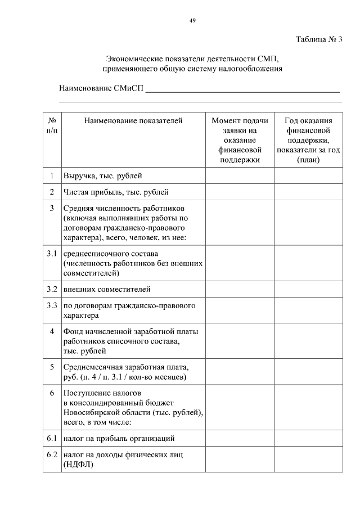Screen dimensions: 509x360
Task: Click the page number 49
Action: coord(192,20)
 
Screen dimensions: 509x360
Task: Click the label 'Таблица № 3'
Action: coord(319,39)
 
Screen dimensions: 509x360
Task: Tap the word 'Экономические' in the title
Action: coord(133,58)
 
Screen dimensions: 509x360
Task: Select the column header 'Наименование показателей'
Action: coord(133,120)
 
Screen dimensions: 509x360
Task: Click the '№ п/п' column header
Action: coord(52,125)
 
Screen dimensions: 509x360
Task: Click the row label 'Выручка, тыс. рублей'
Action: coord(103,176)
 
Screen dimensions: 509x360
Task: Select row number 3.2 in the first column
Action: coord(52,290)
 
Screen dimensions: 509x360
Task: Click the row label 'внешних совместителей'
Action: coord(107,290)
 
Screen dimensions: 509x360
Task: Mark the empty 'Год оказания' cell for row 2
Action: coord(308,192)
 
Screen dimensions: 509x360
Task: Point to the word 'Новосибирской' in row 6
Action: coord(91,412)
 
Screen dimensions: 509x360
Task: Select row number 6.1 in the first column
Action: coord(52,438)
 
